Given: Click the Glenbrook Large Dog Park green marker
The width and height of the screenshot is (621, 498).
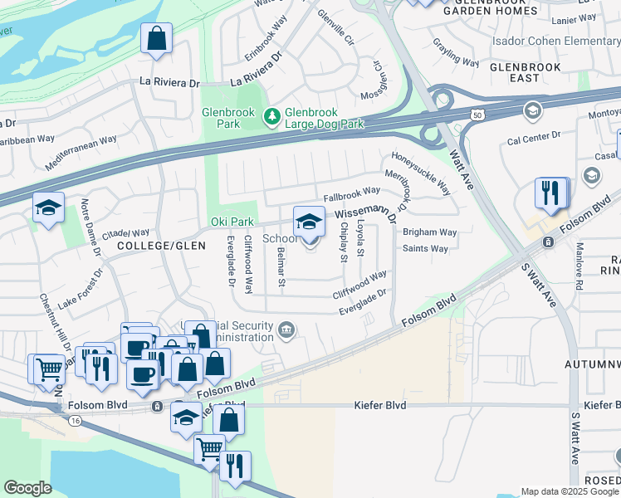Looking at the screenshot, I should (271, 118).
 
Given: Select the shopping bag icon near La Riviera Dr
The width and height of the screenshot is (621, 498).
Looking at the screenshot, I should (155, 38).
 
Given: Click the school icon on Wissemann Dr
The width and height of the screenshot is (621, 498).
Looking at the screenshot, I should (309, 222).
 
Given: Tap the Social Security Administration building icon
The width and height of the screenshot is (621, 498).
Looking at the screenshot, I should (286, 330).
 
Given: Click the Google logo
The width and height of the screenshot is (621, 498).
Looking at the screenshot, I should (27, 488).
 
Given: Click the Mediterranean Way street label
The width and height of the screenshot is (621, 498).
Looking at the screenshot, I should (77, 154).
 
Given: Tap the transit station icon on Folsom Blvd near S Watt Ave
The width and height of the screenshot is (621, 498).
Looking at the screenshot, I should (547, 242).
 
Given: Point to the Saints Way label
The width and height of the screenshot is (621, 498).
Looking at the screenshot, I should (425, 248).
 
